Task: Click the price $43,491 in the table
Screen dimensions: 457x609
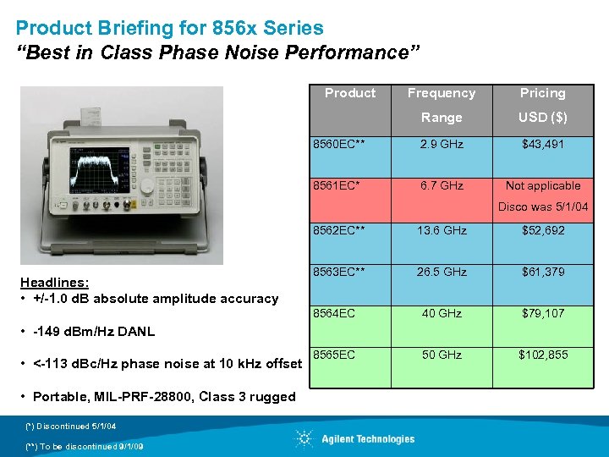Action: pos(542,145)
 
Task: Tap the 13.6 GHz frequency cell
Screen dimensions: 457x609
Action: pos(442,230)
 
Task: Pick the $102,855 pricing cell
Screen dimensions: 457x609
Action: pos(542,355)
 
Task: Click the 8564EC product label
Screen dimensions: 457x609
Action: pos(334,314)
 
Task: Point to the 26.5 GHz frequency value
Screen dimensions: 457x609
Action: pos(442,273)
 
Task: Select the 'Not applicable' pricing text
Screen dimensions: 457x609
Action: pos(542,186)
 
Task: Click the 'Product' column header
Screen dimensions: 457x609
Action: pos(350,93)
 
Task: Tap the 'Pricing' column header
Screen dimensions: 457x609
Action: pos(542,93)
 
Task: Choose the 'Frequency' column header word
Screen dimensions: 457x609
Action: pos(442,93)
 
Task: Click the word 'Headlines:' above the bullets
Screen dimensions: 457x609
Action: pos(55,283)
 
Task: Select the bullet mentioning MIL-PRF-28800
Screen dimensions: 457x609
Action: pos(156,397)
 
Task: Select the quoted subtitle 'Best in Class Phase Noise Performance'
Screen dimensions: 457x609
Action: pos(218,53)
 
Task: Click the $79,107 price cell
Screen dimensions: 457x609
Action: pos(542,314)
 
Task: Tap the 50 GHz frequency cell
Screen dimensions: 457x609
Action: pos(442,355)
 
